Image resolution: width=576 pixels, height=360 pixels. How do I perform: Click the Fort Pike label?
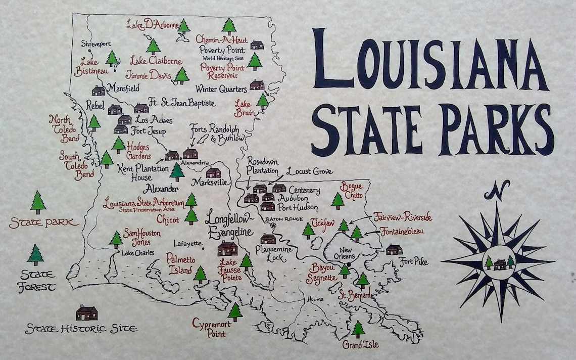click(414, 262)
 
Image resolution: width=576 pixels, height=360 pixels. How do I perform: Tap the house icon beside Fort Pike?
click(394, 249)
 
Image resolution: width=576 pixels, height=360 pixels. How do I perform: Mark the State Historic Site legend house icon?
click(86, 312)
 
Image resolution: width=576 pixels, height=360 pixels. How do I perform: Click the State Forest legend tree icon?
click(36, 255)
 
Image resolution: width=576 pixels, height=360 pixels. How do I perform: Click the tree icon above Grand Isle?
click(358, 329)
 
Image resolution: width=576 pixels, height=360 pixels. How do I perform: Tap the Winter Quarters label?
click(221, 89)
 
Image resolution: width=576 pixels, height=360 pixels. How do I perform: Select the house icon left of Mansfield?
click(99, 91)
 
